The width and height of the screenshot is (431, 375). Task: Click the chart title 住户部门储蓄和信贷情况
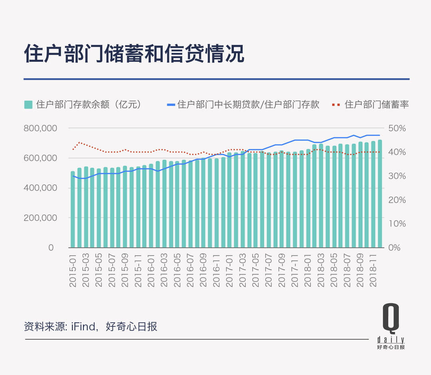134,54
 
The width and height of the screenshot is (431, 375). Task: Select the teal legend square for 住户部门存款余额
28,105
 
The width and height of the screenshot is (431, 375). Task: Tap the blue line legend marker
171,105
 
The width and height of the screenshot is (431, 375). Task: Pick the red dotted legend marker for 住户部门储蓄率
336,105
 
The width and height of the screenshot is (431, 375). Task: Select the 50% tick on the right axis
397,128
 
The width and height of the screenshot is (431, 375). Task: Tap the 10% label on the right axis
397,224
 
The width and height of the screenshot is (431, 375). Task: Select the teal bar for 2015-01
73,209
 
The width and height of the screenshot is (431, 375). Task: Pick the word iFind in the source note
85,327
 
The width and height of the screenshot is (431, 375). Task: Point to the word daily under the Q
391,340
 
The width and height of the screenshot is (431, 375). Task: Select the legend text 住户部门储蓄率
377,105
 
